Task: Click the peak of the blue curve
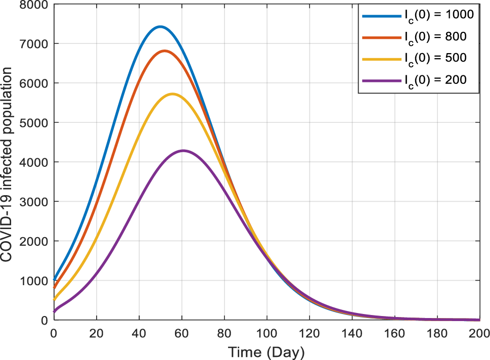160,26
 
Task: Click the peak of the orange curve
164,51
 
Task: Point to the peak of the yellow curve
172,94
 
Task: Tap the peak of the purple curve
183,150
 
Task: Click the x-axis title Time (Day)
266,351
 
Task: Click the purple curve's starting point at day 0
54,311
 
